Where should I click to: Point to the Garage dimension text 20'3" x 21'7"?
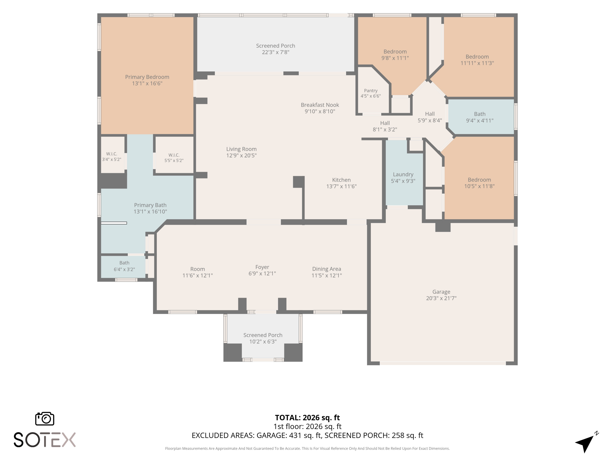click(441, 298)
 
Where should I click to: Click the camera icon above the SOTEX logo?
click(44, 418)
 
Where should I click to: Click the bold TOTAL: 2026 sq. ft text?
click(307, 418)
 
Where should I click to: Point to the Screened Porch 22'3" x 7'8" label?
click(276, 49)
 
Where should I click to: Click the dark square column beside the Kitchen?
click(299, 182)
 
